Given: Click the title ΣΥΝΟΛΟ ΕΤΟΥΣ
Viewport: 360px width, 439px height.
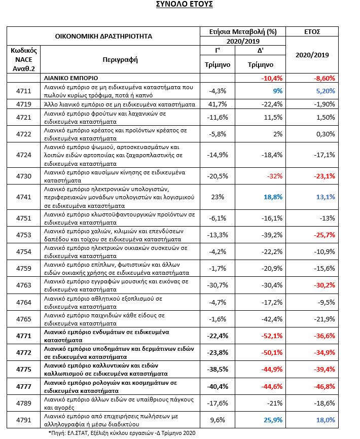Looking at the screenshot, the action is (x=184, y=4).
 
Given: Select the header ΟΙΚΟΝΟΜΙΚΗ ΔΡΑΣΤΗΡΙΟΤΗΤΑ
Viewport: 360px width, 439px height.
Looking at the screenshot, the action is (x=103, y=36).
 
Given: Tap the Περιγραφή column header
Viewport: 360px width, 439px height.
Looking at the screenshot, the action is (x=120, y=60).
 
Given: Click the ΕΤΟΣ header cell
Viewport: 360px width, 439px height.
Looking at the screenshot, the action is (x=312, y=31).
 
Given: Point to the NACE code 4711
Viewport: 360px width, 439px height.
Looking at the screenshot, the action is (x=24, y=91).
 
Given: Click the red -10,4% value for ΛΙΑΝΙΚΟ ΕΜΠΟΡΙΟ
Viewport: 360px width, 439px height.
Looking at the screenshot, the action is (x=272, y=78).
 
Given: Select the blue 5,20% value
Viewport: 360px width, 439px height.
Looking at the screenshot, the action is (x=326, y=91).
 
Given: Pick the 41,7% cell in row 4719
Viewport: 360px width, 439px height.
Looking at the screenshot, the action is (x=218, y=104).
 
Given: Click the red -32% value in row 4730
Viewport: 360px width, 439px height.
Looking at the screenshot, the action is (x=275, y=176).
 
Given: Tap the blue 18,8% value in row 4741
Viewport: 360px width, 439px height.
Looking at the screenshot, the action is (x=273, y=197).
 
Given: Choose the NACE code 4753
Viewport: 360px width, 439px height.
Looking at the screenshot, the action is (x=24, y=235).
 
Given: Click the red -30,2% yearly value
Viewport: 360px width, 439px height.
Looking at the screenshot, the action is (x=325, y=285).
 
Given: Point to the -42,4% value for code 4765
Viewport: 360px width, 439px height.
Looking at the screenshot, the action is (x=272, y=319).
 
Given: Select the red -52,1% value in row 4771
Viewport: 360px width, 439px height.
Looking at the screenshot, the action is (x=272, y=336).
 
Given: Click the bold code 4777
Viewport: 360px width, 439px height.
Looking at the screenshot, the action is (x=24, y=386).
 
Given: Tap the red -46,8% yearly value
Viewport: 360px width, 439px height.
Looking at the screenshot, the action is (x=325, y=386).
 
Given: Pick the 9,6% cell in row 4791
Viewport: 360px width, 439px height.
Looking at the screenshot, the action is (x=218, y=420).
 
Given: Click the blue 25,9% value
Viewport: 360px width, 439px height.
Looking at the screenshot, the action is (x=273, y=420).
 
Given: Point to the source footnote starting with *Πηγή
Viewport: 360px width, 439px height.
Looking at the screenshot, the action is (x=122, y=433).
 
